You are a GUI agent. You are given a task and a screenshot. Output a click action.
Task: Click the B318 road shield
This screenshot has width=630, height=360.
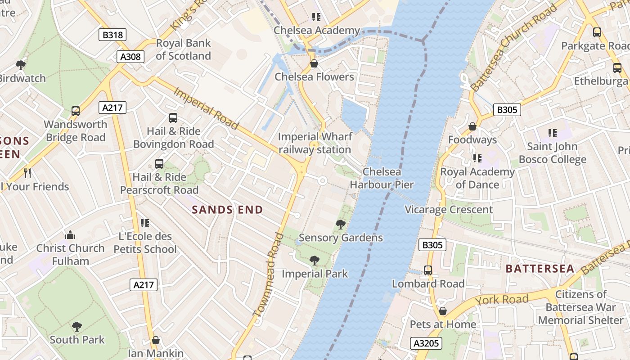point(112,35)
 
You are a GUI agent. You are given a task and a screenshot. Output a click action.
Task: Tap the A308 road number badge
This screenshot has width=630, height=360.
point(130,56)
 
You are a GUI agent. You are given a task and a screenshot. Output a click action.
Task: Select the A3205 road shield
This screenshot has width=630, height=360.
point(426,343)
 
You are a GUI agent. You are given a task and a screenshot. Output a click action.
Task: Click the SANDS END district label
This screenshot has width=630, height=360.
point(227,210)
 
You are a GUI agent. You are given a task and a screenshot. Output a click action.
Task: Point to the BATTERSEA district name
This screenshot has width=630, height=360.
point(540,269)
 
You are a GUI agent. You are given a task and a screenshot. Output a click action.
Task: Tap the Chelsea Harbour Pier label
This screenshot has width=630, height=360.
point(382,178)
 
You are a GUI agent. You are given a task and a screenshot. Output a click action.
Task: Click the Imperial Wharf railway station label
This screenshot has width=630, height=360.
point(315,143)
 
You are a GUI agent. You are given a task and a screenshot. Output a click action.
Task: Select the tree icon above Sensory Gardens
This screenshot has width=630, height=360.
point(341,224)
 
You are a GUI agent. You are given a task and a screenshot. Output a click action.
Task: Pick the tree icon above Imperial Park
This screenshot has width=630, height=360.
point(315,260)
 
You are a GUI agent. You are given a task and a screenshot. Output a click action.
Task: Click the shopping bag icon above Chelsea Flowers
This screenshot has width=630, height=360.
point(314,63)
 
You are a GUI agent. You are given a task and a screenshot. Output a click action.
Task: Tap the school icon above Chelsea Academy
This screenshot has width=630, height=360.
point(316,17)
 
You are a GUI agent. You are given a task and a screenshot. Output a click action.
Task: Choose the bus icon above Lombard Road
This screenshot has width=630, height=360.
point(428,270)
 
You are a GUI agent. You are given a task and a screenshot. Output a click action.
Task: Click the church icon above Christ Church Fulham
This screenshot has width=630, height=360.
point(70,235)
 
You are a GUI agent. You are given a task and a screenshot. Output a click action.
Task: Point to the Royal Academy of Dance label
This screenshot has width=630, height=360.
point(477,178)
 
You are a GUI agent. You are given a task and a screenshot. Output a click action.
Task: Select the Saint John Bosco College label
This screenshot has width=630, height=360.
point(553,153)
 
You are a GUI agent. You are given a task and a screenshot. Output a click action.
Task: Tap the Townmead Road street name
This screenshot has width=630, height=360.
point(270,281)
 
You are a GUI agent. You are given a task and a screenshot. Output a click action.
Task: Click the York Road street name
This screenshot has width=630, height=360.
point(502,300)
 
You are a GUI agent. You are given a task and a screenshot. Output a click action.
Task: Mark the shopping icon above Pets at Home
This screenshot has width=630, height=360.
point(443,311)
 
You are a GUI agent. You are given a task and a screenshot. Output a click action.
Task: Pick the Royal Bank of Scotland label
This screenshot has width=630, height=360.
point(183,49)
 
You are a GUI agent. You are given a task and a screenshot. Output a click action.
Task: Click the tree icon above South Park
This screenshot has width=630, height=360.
point(77,326)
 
